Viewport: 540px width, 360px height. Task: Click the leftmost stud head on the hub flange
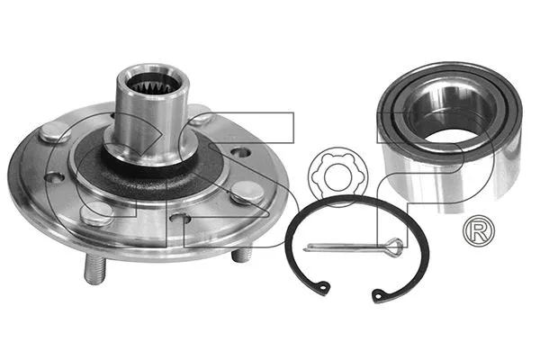coord(55,133)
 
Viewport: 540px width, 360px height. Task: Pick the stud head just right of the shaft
coord(200,115)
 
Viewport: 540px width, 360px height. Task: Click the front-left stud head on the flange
coord(100,213)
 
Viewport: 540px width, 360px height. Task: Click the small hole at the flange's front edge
coord(180,219)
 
